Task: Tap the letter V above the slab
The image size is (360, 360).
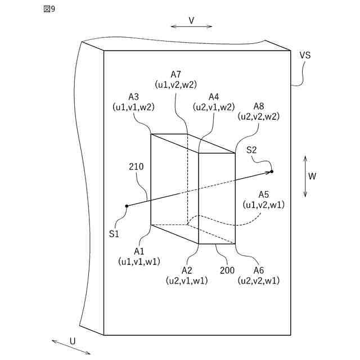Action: [x=191, y=20]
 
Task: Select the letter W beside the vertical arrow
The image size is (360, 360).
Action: [x=312, y=175]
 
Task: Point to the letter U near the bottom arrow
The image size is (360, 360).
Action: [x=73, y=341]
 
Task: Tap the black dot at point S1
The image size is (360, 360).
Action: [x=127, y=206]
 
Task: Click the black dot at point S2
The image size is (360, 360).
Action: [x=272, y=171]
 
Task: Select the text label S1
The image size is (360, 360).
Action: [x=114, y=233]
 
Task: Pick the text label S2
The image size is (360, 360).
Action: [x=251, y=150]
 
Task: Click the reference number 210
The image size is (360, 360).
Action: [x=136, y=166]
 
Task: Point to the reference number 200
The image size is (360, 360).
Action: [x=227, y=271]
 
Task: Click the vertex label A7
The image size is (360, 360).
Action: [x=176, y=74]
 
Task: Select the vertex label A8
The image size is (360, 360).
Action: [x=259, y=106]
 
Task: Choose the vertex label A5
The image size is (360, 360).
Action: [x=264, y=195]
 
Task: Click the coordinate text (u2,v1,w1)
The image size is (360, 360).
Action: [x=187, y=280]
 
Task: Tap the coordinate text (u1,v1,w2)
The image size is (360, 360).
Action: [x=134, y=106]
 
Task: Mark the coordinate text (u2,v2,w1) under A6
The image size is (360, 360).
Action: [x=259, y=280]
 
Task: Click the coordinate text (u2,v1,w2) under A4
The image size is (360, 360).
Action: [x=214, y=107]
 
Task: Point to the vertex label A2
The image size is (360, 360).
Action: [x=187, y=271]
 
